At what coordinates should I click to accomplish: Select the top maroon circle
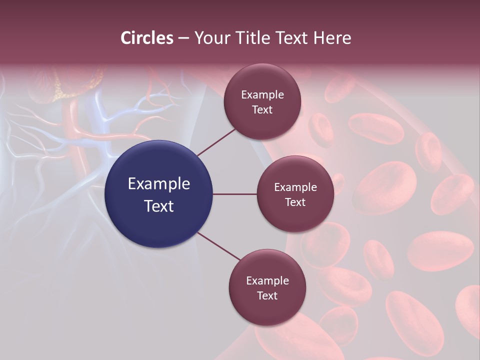(262, 125)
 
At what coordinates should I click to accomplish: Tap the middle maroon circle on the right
(295, 217)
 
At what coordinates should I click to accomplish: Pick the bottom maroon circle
(267, 310)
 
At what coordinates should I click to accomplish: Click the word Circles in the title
(147, 38)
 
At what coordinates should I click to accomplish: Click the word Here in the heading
(332, 38)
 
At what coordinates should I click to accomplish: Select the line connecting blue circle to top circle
(216, 141)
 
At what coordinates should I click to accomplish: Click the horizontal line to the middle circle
(235, 194)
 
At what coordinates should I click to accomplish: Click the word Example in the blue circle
(159, 184)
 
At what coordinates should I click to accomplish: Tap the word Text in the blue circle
(159, 206)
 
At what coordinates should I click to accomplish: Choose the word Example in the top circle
(262, 95)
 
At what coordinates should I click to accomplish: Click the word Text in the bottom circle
(267, 296)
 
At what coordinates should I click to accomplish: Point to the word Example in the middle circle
(295, 187)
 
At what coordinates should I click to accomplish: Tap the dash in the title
(183, 38)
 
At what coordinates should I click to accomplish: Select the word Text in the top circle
(262, 110)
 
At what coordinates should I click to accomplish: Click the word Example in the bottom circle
(267, 281)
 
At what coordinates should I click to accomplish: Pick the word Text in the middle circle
(295, 202)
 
